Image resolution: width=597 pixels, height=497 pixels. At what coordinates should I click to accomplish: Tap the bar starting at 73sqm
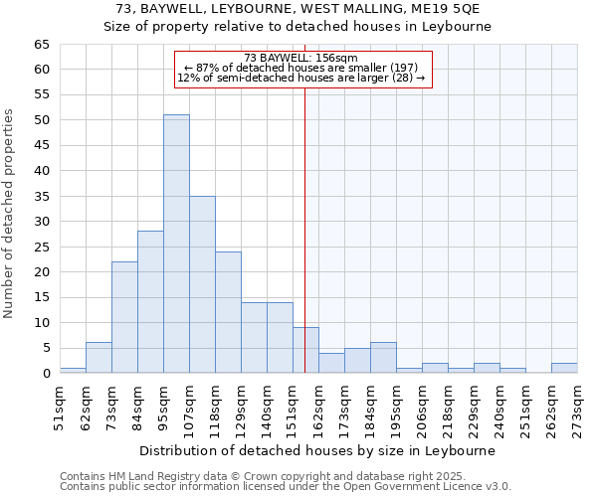(x=124, y=317)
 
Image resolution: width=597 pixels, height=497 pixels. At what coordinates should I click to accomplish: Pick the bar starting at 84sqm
(x=150, y=302)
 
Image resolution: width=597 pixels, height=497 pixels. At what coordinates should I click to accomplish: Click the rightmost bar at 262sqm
(x=564, y=368)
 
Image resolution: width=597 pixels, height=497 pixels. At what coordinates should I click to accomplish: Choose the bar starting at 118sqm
(x=228, y=312)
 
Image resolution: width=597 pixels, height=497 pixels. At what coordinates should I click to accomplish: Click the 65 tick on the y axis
(x=41, y=45)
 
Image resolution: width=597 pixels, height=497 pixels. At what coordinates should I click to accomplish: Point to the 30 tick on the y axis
(x=41, y=222)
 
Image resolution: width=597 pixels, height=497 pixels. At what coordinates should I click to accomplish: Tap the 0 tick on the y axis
(x=45, y=374)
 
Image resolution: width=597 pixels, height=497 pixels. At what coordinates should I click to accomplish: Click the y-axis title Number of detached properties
(x=11, y=214)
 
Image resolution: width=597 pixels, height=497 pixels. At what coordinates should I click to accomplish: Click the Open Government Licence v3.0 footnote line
(x=286, y=486)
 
